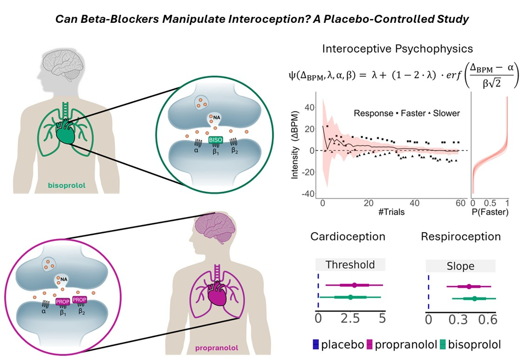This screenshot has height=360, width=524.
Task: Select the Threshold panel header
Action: pyautogui.click(x=350, y=265)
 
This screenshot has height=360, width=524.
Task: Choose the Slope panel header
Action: pyautogui.click(x=461, y=267)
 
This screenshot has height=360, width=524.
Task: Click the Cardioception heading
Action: pyautogui.click(x=348, y=236)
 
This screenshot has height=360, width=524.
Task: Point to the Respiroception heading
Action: pyautogui.click(x=461, y=236)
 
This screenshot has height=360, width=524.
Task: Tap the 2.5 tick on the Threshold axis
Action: pyautogui.click(x=350, y=320)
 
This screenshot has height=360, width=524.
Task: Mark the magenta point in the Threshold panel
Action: pyautogui.click(x=355, y=285)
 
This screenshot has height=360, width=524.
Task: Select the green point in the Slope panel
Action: pyautogui.click(x=474, y=299)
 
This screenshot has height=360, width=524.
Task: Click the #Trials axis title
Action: pyautogui.click(x=391, y=213)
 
